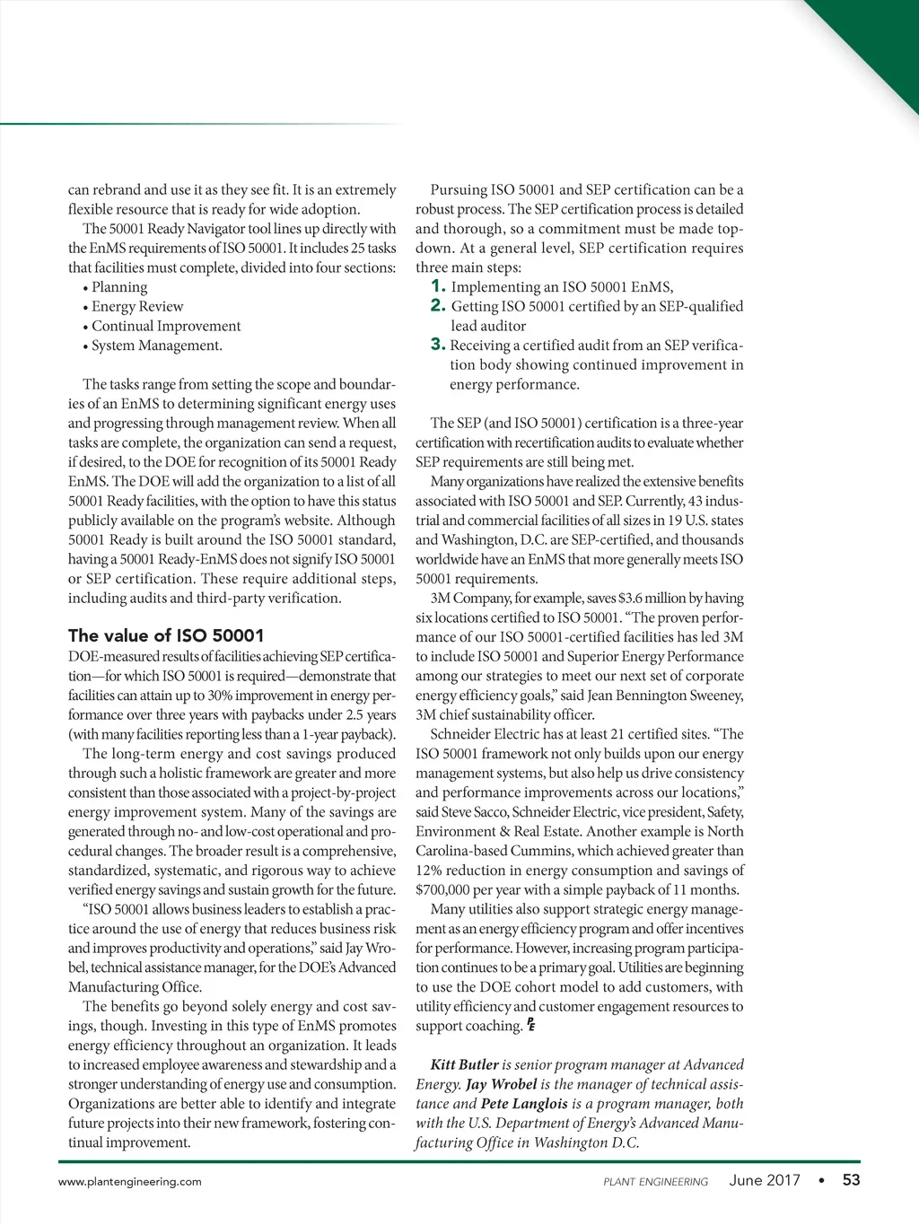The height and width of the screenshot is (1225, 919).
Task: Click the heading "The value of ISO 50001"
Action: [x=166, y=635]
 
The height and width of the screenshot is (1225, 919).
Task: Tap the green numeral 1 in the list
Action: [x=438, y=286]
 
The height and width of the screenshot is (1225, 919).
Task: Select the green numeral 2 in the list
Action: [x=438, y=306]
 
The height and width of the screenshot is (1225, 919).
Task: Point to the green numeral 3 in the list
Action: [x=438, y=345]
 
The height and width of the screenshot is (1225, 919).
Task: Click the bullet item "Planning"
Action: [x=119, y=287]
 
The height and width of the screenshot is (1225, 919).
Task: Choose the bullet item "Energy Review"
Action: [x=137, y=307]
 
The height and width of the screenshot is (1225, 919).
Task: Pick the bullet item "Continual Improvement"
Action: [x=166, y=326]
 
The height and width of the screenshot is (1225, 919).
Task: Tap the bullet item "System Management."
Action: [x=157, y=346]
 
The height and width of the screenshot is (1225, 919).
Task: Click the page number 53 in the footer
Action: [x=851, y=1180]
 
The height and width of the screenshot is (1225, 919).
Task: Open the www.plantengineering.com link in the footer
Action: [x=130, y=1181]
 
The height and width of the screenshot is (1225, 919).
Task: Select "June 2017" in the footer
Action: [x=765, y=1180]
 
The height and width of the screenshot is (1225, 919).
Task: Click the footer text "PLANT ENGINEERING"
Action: [x=655, y=1181]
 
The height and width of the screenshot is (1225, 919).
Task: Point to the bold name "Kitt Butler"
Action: [x=464, y=1065]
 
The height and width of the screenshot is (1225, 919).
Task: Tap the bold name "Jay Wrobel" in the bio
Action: [x=501, y=1084]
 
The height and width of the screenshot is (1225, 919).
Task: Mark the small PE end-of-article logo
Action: [x=531, y=1025]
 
